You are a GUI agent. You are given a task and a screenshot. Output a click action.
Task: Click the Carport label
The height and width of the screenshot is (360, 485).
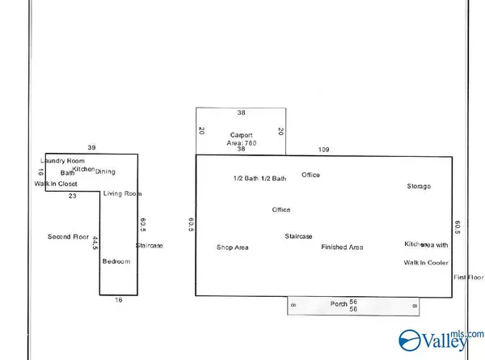pos(241,133)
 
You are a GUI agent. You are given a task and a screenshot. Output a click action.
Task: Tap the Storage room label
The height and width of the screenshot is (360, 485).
pos(419,186)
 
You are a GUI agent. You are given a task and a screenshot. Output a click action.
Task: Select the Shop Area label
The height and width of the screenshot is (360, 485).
pos(233,247)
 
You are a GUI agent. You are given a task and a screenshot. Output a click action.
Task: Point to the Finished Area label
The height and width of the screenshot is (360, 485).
pos(342,247)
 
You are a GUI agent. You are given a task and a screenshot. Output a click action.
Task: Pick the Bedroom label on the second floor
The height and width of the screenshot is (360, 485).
pos(115,261)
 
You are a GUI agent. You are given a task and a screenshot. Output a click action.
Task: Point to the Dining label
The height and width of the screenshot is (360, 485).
pos(106,172)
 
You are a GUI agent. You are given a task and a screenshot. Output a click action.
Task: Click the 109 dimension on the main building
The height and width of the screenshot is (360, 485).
pos(324,150)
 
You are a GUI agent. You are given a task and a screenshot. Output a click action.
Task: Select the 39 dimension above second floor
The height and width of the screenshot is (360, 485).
pos(91,147)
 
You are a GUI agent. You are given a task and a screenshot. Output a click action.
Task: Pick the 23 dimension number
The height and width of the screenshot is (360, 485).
pos(72,196)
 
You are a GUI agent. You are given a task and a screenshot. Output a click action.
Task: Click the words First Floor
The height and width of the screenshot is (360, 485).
pos(467,277)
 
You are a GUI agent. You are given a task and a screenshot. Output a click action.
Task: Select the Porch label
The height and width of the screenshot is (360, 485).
pos(339,303)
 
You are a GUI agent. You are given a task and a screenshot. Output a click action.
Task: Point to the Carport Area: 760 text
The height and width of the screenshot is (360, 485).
pos(241,142)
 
